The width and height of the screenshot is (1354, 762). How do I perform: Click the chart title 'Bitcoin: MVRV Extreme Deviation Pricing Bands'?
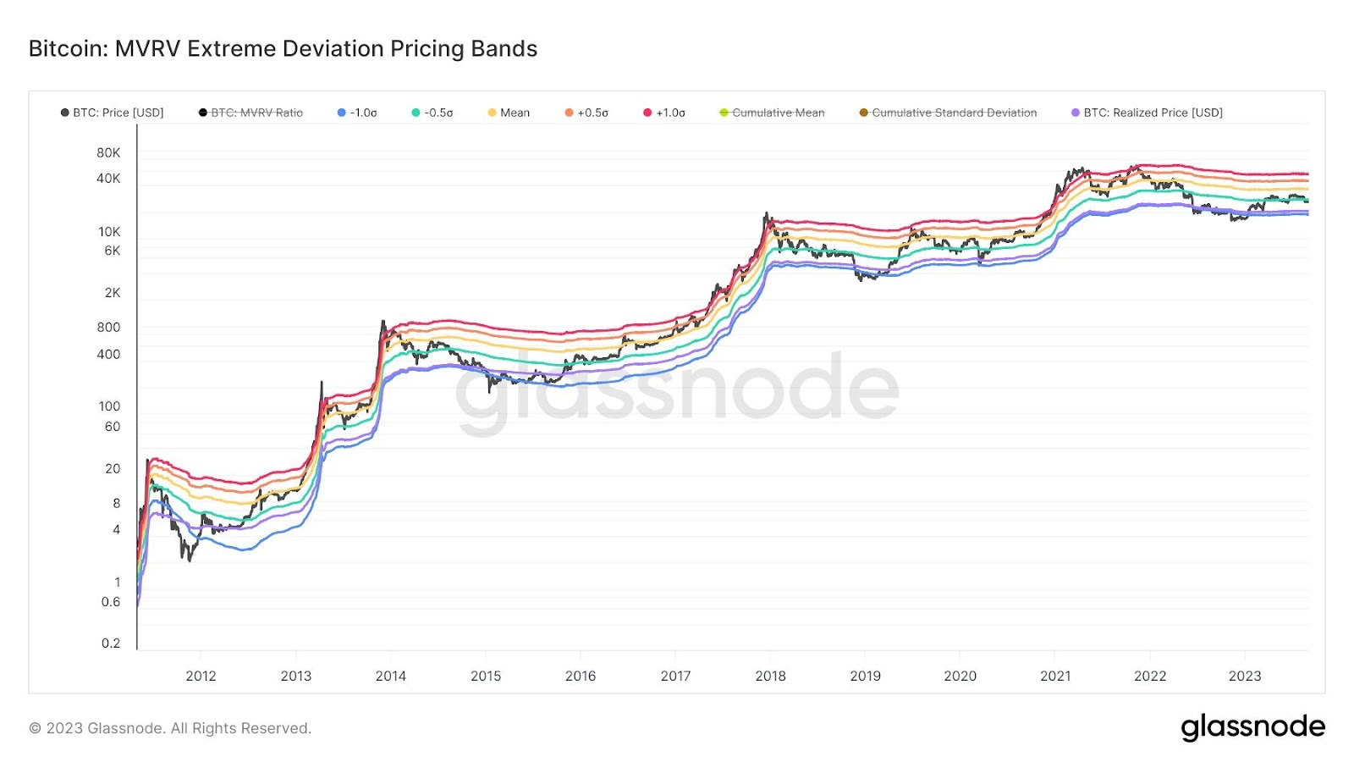[x=283, y=49]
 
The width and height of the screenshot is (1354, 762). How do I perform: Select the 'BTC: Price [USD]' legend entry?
[x=113, y=113]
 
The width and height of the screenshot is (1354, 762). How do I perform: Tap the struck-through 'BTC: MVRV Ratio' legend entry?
[x=251, y=113]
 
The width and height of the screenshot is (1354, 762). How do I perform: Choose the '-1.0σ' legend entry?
[x=358, y=113]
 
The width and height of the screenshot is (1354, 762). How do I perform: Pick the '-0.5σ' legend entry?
[x=432, y=113]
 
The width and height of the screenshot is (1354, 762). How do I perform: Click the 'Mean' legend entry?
[x=509, y=113]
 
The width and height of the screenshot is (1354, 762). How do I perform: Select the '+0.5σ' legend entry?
[x=586, y=113]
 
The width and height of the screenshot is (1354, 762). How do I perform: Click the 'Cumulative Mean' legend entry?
[x=773, y=113]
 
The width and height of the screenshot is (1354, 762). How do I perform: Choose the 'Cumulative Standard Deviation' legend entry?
[x=949, y=113]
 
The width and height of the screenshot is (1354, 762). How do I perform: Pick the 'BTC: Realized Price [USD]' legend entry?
[x=1148, y=113]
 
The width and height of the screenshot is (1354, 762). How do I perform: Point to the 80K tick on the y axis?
[x=108, y=153]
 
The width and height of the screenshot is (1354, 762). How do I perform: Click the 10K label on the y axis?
[x=109, y=232]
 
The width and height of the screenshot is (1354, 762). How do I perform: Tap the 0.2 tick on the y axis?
[x=111, y=643]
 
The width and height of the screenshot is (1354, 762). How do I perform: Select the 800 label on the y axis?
[x=108, y=328]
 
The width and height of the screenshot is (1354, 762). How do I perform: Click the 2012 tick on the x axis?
[x=201, y=676]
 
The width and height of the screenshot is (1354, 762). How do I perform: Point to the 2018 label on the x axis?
[x=770, y=676]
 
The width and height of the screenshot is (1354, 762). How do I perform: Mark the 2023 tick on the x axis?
[x=1245, y=676]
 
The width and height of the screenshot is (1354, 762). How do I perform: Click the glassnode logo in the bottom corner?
[x=1252, y=727]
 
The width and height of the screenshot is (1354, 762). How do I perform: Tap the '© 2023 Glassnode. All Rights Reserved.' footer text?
[x=170, y=728]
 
